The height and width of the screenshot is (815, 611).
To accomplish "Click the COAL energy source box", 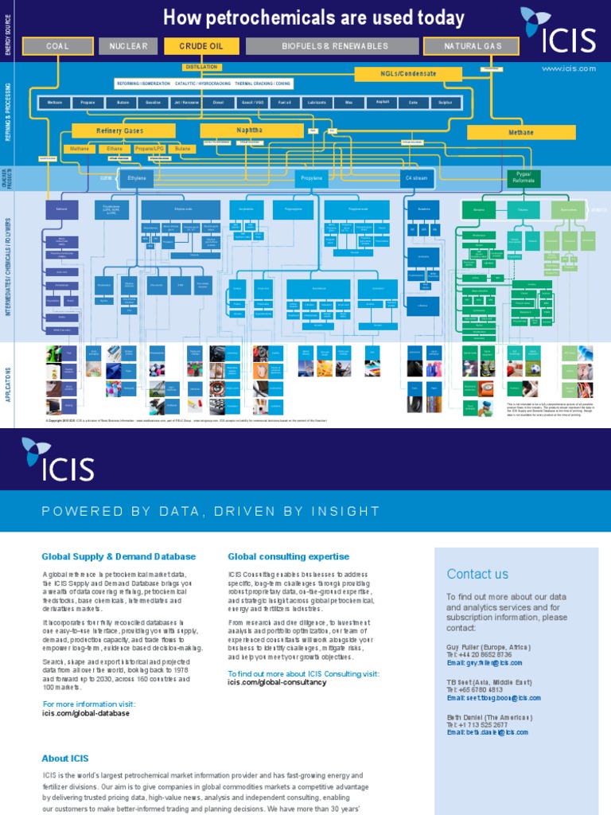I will pos(57,46).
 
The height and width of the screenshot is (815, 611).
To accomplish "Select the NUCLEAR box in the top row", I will pos(128,46).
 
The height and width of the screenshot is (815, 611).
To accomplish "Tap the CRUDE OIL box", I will pos(201,46).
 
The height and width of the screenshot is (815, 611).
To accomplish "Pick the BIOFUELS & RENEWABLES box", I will pos(334,46).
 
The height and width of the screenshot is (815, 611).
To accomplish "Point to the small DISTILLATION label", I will pos(200,67).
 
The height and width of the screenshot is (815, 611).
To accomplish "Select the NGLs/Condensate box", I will pos(407,74).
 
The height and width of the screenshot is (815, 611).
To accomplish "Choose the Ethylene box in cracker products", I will pos(137,179).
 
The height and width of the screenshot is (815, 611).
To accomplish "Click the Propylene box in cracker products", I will pos(311,179).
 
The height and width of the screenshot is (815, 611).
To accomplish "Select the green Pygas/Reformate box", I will pos(523,177).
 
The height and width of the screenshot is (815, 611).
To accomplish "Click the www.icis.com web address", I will pos(568,68).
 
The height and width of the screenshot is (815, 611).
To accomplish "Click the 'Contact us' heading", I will pos(477,574).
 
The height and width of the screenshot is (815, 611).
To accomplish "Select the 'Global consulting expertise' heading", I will pos(288,556).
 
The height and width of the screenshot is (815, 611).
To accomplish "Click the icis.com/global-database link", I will pos(86,713).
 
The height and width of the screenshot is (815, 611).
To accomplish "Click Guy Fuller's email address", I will pos(485,662).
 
